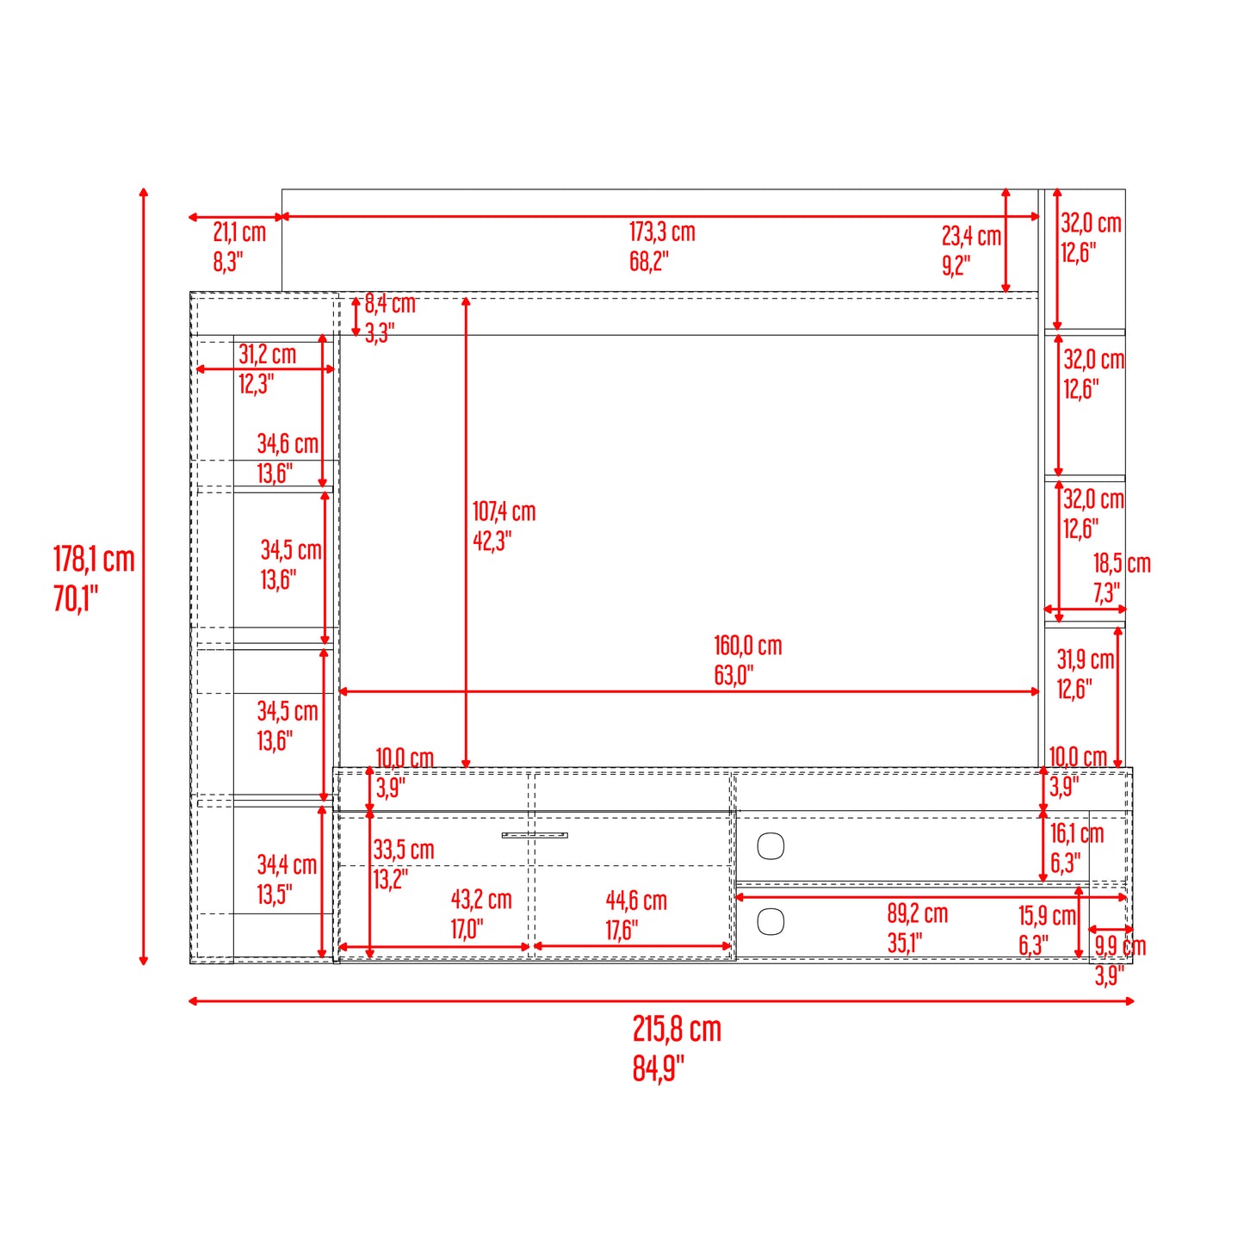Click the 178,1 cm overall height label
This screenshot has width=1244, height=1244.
click(x=94, y=559)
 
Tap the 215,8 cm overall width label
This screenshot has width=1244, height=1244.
click(x=677, y=1029)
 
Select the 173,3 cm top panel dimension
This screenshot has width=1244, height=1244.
click(x=662, y=232)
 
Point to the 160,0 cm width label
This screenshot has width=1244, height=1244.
click(x=747, y=646)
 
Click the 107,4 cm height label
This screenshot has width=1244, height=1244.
click(x=504, y=512)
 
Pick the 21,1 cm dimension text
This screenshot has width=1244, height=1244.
click(x=239, y=232)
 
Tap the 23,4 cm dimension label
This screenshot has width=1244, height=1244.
click(x=971, y=236)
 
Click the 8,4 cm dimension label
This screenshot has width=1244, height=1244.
click(x=390, y=303)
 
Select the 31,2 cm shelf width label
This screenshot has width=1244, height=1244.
click(x=267, y=355)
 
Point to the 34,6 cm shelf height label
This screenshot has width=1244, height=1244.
click(x=288, y=443)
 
